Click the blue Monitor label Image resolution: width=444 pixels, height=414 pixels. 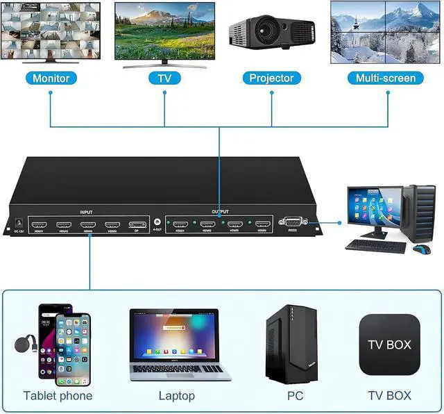[51, 78]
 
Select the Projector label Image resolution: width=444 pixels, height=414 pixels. [271, 78]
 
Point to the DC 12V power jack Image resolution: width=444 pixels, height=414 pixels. [19, 224]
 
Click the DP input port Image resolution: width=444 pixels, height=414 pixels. [137, 225]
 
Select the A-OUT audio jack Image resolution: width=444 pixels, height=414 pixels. [157, 223]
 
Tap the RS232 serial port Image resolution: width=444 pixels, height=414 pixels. [291, 223]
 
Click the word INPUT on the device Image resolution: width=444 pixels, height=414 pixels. [87, 212]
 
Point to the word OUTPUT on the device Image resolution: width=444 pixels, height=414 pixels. [220, 212]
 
